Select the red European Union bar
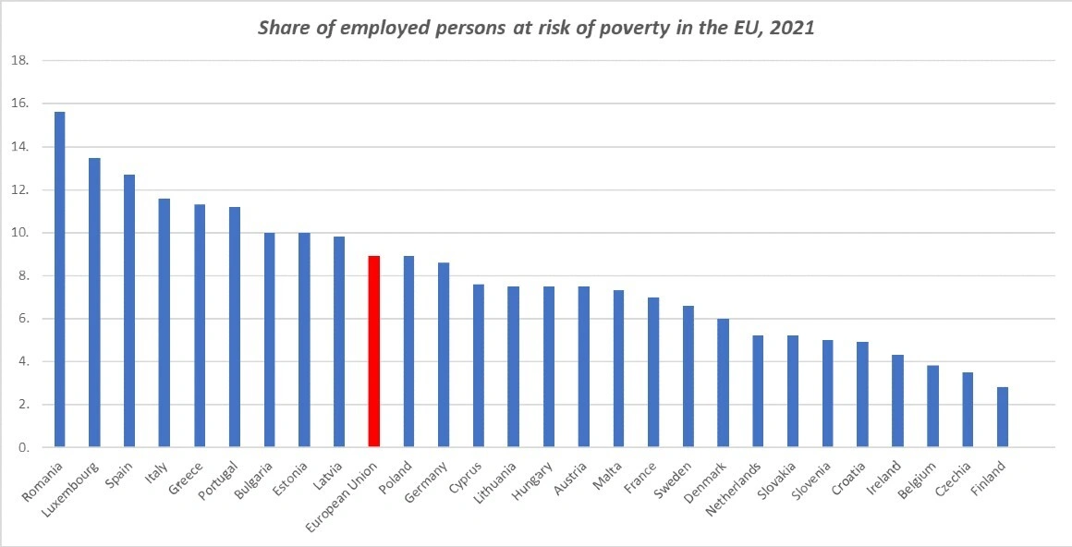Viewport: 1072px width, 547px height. point(374,351)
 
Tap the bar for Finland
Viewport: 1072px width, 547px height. point(1002,417)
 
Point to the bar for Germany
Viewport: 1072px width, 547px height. point(444,355)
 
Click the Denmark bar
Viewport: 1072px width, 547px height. point(723,383)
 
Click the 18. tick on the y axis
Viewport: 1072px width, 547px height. point(19,61)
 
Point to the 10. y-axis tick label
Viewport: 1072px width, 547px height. point(19,233)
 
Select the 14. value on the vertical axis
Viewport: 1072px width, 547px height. point(19,147)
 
